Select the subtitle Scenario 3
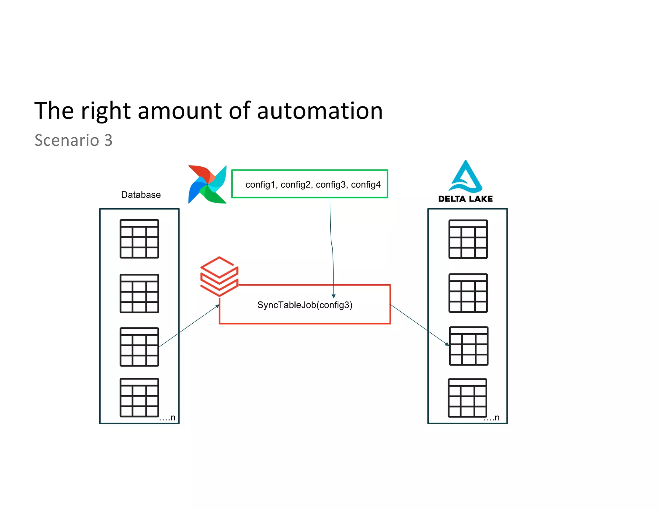[x=73, y=140]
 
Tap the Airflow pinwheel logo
[x=207, y=184]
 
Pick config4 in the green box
[x=366, y=184]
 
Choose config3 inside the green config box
[x=331, y=184]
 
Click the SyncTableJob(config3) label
[x=305, y=305]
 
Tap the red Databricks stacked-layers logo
[x=219, y=276]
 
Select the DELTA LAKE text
[x=465, y=199]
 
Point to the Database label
[x=141, y=195]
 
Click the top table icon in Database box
[x=139, y=239]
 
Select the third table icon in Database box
[x=139, y=347]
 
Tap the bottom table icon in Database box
[x=139, y=397]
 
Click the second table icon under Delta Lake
[x=468, y=293]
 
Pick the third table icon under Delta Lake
[x=469, y=346]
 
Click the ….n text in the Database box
[x=167, y=418]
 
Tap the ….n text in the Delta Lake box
[x=491, y=418]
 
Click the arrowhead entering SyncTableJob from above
[x=334, y=296]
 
